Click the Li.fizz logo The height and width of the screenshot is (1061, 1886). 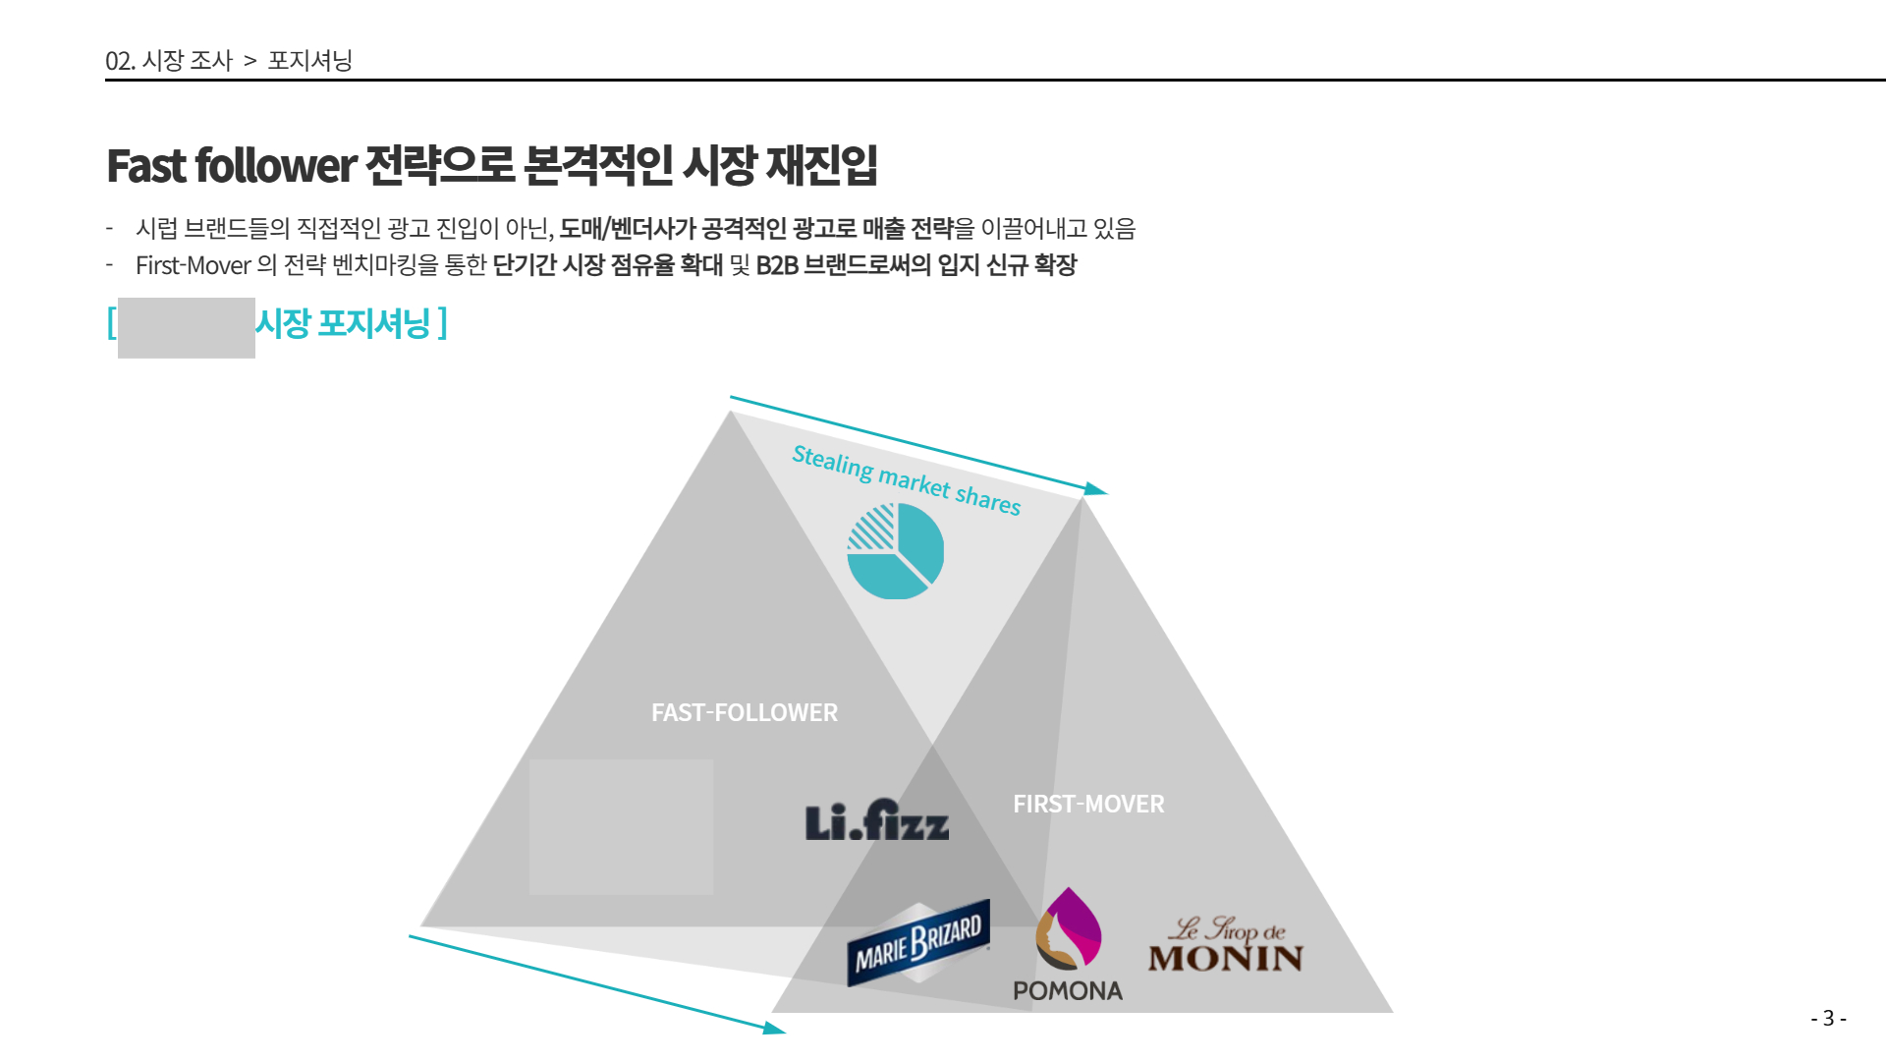pos(877,820)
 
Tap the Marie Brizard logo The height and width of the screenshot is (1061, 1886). pos(918,942)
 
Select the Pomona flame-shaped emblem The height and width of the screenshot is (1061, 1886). pos(1069,928)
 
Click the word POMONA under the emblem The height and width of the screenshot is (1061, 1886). pos(1068,991)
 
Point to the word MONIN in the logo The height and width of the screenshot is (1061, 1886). pos(1226,958)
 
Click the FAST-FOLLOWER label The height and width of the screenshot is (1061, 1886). pos(745,712)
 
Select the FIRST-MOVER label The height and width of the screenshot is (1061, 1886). pos(1088,804)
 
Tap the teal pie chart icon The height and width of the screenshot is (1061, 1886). pos(895,550)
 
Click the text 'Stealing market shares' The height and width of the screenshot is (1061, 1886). pos(907,480)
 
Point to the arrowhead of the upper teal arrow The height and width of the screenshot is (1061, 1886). pos(1096,489)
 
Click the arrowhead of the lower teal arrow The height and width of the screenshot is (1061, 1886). pos(775,1029)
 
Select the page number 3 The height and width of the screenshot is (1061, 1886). pos(1828,1018)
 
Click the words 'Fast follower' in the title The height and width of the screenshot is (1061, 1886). pos(231,166)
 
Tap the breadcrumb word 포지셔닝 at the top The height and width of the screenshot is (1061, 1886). pos(309,60)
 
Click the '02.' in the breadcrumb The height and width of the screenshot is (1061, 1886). pos(120,61)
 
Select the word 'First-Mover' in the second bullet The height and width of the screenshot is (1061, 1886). pos(194,265)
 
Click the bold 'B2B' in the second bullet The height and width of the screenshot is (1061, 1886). pos(777,265)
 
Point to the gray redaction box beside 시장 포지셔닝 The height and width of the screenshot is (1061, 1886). pos(187,328)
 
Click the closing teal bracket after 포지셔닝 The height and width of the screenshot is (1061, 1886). pos(443,322)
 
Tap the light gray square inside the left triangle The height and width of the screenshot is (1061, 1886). pos(621,827)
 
